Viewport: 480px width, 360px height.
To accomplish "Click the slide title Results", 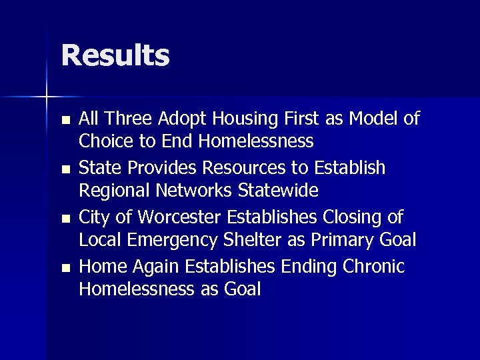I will click(115, 55).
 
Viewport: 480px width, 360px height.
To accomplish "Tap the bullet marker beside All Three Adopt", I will click(64, 121).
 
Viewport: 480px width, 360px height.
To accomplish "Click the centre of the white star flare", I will click(47, 97).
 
